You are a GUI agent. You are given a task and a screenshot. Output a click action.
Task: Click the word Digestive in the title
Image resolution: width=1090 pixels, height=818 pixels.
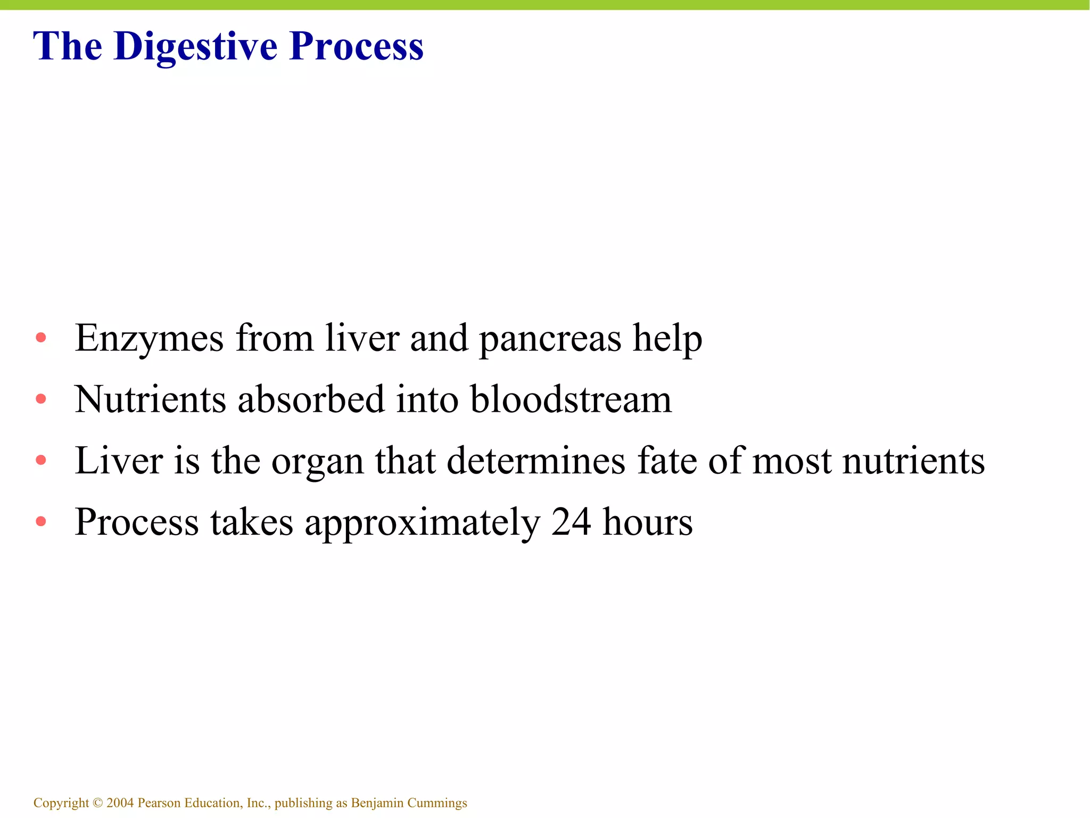(x=195, y=47)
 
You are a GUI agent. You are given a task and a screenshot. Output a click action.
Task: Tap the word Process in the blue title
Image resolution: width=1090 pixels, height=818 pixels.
(x=357, y=47)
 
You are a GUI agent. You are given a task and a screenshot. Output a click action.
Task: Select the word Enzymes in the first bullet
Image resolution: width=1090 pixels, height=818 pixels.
(x=149, y=339)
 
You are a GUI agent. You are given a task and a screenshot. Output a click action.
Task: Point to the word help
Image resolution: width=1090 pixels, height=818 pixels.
(x=667, y=339)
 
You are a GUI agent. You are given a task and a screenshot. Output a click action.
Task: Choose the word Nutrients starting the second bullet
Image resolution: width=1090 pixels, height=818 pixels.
(x=150, y=399)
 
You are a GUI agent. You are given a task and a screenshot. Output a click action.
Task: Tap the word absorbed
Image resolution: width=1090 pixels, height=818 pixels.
(x=311, y=399)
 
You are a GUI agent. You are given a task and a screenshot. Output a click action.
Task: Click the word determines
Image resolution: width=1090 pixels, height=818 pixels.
(x=536, y=461)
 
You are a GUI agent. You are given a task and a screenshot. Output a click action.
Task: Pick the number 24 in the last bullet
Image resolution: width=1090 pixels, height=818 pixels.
(x=571, y=522)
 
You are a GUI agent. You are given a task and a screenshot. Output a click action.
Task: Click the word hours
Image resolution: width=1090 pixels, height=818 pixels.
(x=647, y=522)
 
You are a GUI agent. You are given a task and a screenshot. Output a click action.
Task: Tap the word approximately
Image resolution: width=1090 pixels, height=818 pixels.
(x=423, y=523)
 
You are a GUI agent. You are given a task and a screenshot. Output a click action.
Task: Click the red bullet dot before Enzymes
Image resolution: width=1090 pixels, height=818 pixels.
(x=41, y=338)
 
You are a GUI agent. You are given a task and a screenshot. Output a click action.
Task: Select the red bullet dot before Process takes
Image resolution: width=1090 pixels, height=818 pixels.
(x=41, y=521)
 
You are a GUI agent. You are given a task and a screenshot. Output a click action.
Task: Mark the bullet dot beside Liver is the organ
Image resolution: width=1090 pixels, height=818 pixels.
(x=41, y=460)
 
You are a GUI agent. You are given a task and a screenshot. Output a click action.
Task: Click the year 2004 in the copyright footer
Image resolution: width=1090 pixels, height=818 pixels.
(x=120, y=803)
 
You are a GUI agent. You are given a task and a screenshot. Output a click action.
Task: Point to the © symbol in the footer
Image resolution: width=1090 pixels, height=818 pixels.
(x=97, y=803)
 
